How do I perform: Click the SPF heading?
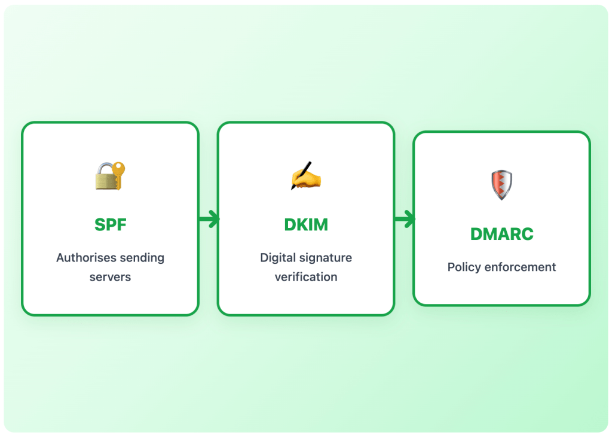pos(110,225)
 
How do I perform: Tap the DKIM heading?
pos(305,225)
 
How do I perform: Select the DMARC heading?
pos(501,234)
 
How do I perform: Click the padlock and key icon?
pos(111,175)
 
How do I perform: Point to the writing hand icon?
pos(305,176)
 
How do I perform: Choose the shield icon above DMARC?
pos(501,184)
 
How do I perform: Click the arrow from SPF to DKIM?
pos(209,220)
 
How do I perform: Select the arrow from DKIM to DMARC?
pos(405,220)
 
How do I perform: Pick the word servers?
pos(110,277)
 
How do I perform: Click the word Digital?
pos(277,258)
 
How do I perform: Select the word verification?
pos(305,277)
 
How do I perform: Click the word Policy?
pos(464,267)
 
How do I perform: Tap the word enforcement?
pos(520,267)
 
